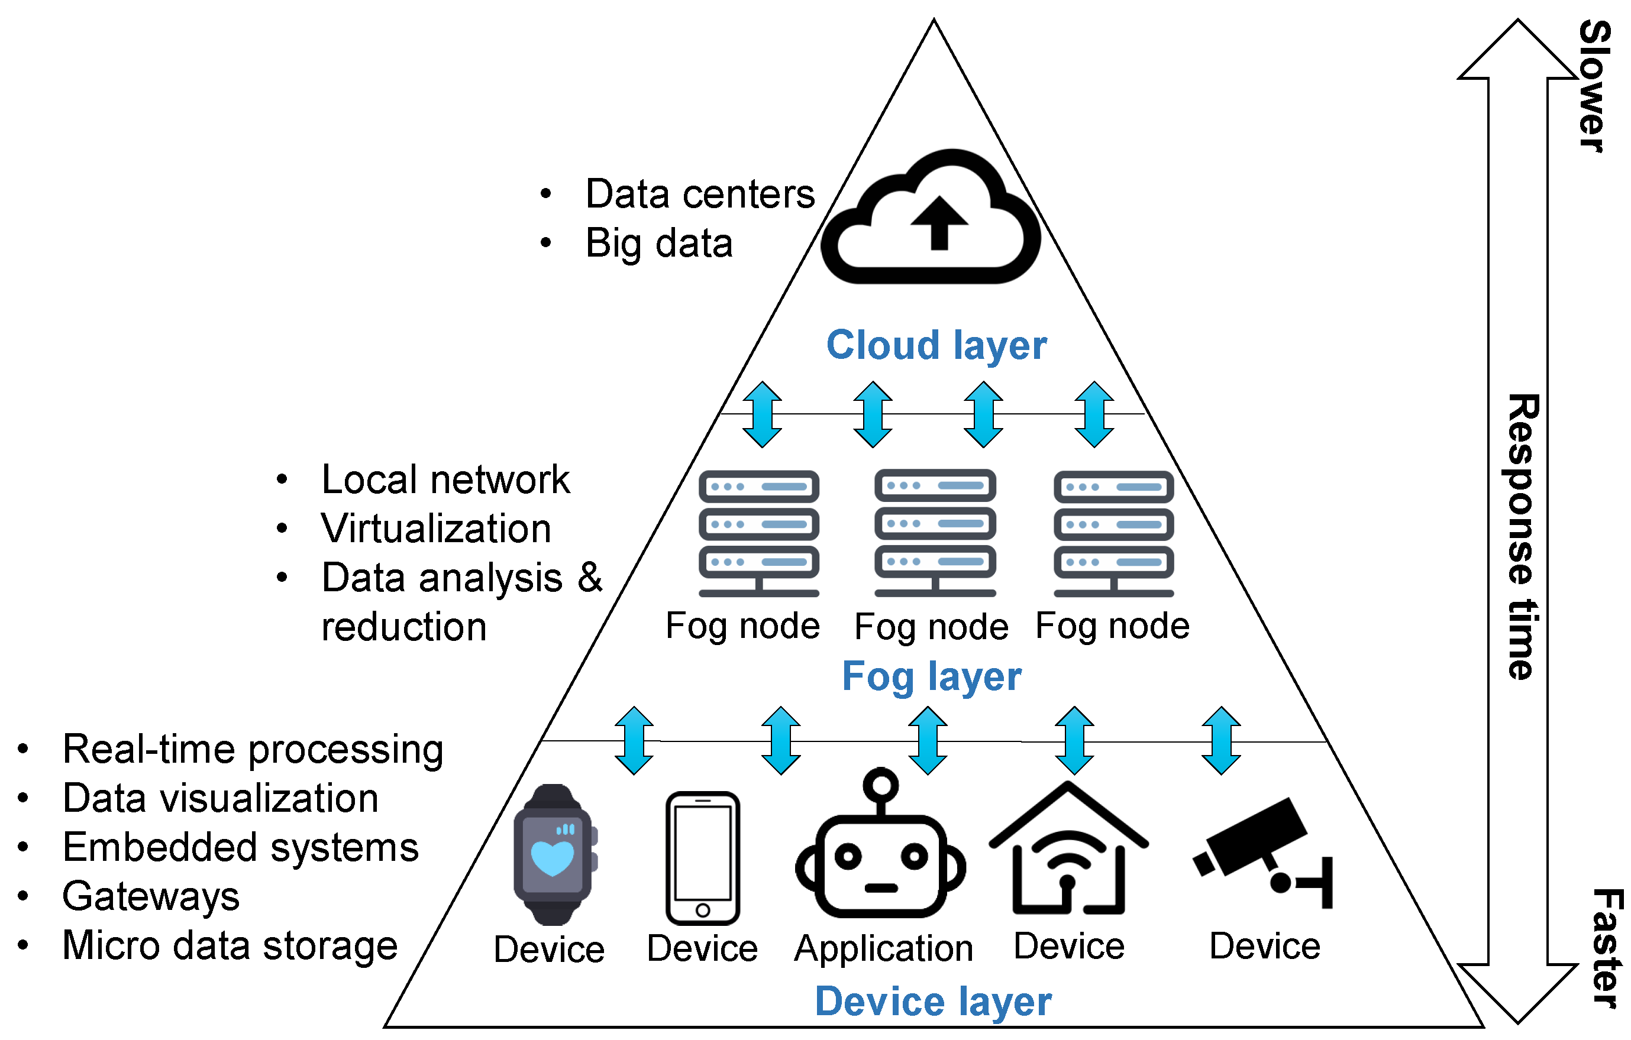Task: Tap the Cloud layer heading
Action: [x=936, y=345]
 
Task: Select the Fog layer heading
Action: [x=931, y=676]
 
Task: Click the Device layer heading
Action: [x=933, y=1002]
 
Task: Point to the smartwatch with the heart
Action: [x=553, y=854]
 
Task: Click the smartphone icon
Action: [x=702, y=857]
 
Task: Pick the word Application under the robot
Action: [x=883, y=948]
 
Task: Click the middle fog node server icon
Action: [x=935, y=532]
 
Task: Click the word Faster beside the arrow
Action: [x=1606, y=948]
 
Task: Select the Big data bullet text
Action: [x=658, y=243]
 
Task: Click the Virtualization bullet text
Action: [x=435, y=528]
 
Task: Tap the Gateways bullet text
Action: [x=150, y=896]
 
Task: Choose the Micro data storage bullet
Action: [x=230, y=945]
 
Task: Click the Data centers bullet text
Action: [x=699, y=195]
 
